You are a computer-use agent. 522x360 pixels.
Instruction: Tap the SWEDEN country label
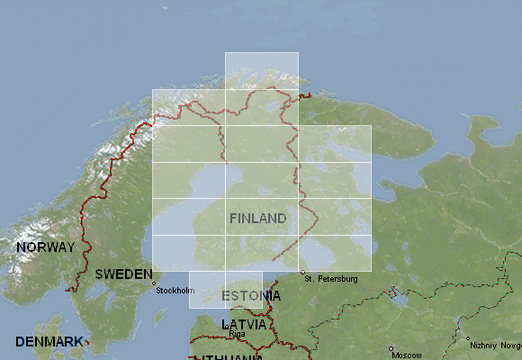click(x=123, y=274)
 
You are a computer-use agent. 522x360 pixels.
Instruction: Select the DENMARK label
click(x=48, y=342)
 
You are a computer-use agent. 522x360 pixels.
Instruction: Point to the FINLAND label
click(x=257, y=219)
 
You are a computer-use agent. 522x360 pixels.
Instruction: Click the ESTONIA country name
click(x=251, y=295)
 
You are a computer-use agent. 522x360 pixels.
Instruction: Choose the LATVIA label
click(x=243, y=323)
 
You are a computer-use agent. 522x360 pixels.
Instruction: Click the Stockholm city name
click(x=175, y=290)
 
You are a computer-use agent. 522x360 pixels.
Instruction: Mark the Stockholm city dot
click(x=154, y=283)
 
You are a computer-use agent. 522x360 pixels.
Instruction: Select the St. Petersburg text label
click(x=331, y=279)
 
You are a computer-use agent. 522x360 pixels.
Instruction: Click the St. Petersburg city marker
click(x=303, y=273)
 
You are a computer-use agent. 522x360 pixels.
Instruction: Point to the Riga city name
click(x=238, y=334)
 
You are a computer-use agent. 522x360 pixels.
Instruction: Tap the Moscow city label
click(x=406, y=355)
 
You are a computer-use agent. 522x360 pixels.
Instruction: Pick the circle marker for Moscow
click(x=391, y=348)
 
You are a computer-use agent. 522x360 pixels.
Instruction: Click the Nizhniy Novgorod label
click(x=497, y=345)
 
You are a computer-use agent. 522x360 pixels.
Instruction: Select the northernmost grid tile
click(x=261, y=70)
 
